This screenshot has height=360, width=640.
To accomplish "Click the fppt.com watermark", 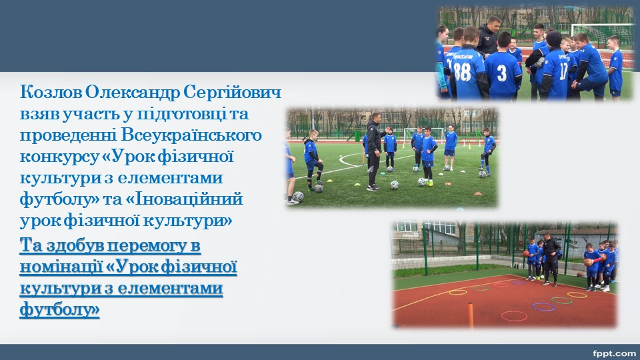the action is pyautogui.click(x=614, y=353).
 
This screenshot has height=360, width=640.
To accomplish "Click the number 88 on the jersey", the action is pyautogui.click(x=463, y=71).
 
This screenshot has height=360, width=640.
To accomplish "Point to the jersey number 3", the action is pyautogui.click(x=501, y=73).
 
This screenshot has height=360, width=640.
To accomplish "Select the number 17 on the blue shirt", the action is pyautogui.click(x=564, y=70).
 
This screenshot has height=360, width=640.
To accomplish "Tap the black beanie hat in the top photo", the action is pyautogui.click(x=554, y=39).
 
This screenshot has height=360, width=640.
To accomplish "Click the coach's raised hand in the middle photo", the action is pyautogui.click(x=388, y=129).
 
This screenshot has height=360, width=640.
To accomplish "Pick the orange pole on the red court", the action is pyautogui.click(x=471, y=315).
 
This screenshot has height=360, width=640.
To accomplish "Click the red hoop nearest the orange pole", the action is pyautogui.click(x=514, y=316).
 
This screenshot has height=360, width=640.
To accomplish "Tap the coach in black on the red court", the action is pyautogui.click(x=551, y=259).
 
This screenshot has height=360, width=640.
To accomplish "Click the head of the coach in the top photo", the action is pyautogui.click(x=494, y=25).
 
